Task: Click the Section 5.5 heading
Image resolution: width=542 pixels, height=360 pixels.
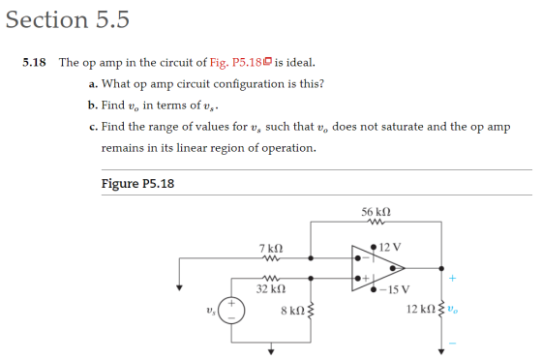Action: (x=68, y=19)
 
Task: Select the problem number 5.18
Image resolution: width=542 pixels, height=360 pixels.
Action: (x=34, y=63)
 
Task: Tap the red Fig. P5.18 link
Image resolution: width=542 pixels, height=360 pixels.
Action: (x=236, y=63)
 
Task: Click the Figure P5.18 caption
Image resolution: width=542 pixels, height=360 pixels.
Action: (x=137, y=184)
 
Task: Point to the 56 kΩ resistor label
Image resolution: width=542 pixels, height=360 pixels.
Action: (x=376, y=211)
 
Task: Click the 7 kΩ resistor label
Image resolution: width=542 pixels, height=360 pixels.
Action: (x=271, y=248)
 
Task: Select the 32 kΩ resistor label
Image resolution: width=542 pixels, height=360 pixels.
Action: (x=271, y=288)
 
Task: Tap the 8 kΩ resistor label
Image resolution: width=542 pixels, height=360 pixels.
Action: (x=292, y=311)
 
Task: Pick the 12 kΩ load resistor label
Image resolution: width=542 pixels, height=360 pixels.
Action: (x=421, y=309)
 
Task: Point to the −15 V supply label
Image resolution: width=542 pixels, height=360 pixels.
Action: (x=395, y=289)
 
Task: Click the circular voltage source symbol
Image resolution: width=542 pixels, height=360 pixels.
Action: (x=231, y=311)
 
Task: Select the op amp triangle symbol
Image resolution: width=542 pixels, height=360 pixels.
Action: (x=377, y=268)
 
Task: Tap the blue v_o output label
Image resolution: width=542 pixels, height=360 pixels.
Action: (x=453, y=309)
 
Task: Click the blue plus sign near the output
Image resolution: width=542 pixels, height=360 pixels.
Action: (x=453, y=278)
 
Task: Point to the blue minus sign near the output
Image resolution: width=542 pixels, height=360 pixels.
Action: (x=453, y=344)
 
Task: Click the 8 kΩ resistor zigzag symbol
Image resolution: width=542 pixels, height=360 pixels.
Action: (x=311, y=311)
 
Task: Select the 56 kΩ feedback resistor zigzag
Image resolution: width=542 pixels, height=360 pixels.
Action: (x=376, y=222)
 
